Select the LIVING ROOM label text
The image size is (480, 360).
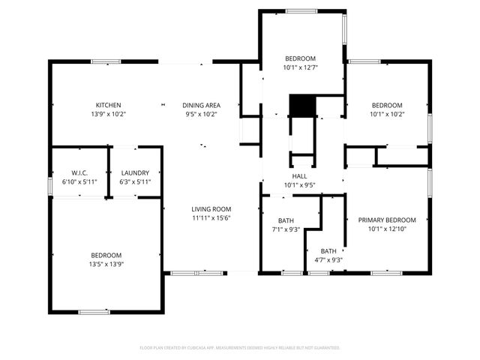coord(211,209)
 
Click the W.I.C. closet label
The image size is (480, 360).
coord(80,172)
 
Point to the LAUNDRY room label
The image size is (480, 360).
coord(135,172)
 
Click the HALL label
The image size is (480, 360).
coord(299,176)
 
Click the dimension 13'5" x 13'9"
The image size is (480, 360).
coord(106,265)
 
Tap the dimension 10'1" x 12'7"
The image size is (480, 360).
coord(300,67)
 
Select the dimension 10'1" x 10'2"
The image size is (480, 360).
coord(387,115)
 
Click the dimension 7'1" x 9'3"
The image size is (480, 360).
coord(286,229)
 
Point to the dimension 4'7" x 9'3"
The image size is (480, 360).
coord(328,260)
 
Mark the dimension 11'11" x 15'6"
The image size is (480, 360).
coord(211,218)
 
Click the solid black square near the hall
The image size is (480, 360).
coord(301,105)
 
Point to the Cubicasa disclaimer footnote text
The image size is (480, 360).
coord(240,348)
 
